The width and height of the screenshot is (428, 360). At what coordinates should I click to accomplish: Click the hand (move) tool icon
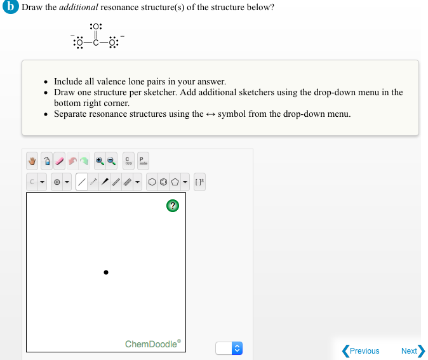(x=33, y=161)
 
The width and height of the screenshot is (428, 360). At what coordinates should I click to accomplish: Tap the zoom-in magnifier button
(x=100, y=161)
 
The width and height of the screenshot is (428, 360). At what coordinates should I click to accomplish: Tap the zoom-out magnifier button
(x=110, y=161)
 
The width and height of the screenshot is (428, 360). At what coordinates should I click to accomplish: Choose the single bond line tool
(x=81, y=182)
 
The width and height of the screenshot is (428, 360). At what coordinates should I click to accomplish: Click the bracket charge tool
(x=199, y=182)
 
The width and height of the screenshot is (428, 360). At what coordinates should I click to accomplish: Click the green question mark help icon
(x=172, y=205)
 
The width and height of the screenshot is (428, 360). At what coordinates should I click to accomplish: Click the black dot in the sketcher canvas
(x=106, y=273)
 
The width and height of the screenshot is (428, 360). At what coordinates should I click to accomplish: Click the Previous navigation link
(x=361, y=350)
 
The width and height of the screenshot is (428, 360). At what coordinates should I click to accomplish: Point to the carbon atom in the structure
(x=96, y=43)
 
